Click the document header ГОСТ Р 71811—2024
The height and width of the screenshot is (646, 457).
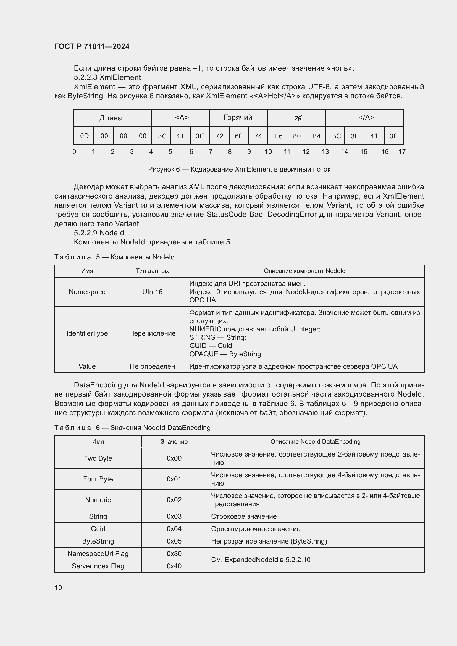click(92, 46)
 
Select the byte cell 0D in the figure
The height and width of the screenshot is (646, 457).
click(84, 136)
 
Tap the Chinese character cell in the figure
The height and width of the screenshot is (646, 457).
click(298, 118)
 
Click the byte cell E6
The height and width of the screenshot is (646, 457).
click(278, 136)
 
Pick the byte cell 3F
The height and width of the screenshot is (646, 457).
click(354, 136)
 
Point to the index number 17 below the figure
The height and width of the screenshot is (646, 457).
click(402, 152)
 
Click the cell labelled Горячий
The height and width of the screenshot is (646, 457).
click(238, 117)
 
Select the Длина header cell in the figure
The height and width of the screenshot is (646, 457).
click(110, 118)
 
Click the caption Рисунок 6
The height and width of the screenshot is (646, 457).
click(239, 169)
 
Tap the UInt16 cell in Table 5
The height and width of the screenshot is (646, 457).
click(152, 292)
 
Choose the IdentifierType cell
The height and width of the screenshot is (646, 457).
click(87, 333)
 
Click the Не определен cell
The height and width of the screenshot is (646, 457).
click(152, 366)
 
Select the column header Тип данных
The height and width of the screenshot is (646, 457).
click(152, 271)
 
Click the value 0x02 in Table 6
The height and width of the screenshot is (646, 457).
click(174, 500)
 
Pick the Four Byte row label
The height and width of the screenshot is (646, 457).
click(98, 479)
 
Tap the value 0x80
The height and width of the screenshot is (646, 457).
click(174, 553)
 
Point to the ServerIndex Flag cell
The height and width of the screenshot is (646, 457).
click(98, 566)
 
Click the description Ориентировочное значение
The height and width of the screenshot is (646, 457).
click(256, 529)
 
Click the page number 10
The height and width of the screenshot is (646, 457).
click(58, 587)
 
